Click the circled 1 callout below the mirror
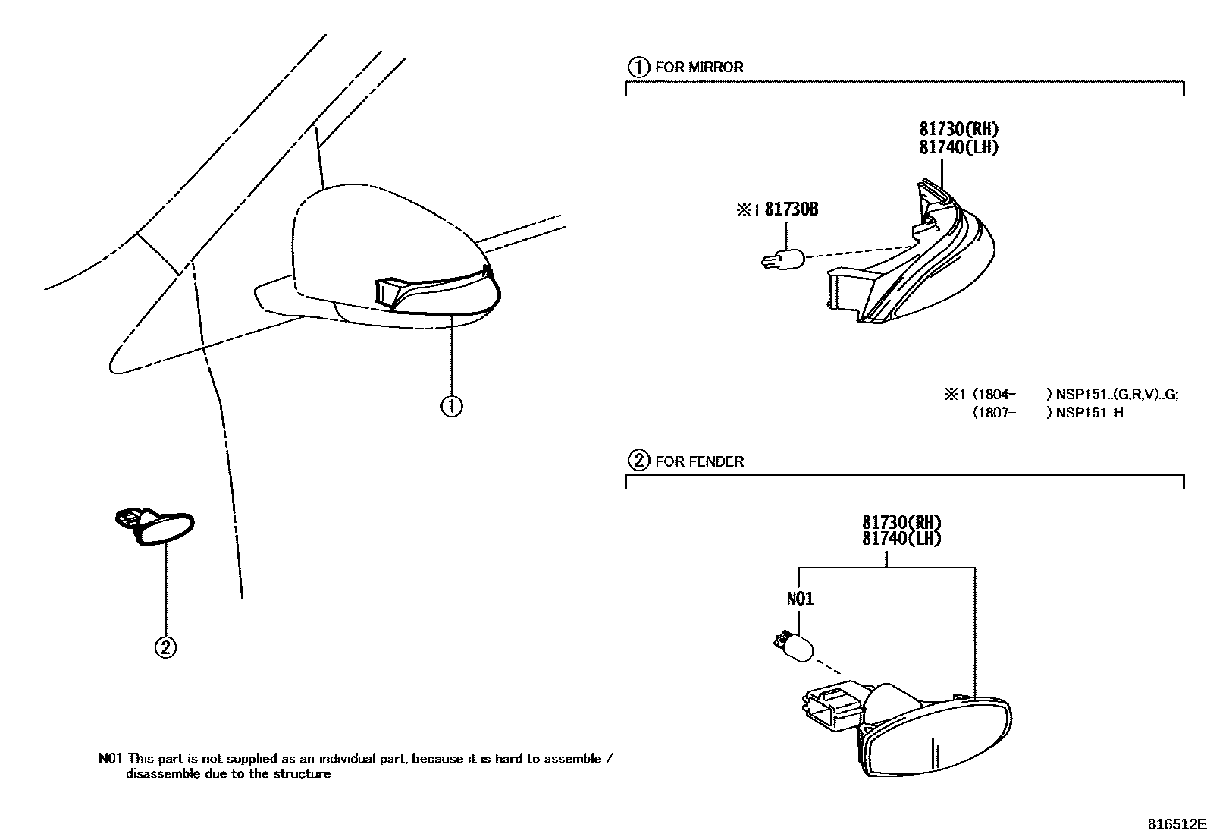click(452, 407)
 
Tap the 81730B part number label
click(791, 209)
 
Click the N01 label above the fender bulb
click(800, 599)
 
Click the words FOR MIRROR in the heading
click(699, 67)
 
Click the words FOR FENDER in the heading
click(699, 461)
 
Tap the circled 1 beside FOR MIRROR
click(638, 67)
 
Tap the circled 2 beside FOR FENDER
click(638, 461)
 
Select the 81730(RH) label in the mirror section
click(959, 130)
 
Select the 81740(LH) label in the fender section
click(901, 538)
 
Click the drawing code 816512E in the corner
click(1175, 823)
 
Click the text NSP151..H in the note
click(1089, 414)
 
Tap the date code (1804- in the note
click(992, 395)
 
